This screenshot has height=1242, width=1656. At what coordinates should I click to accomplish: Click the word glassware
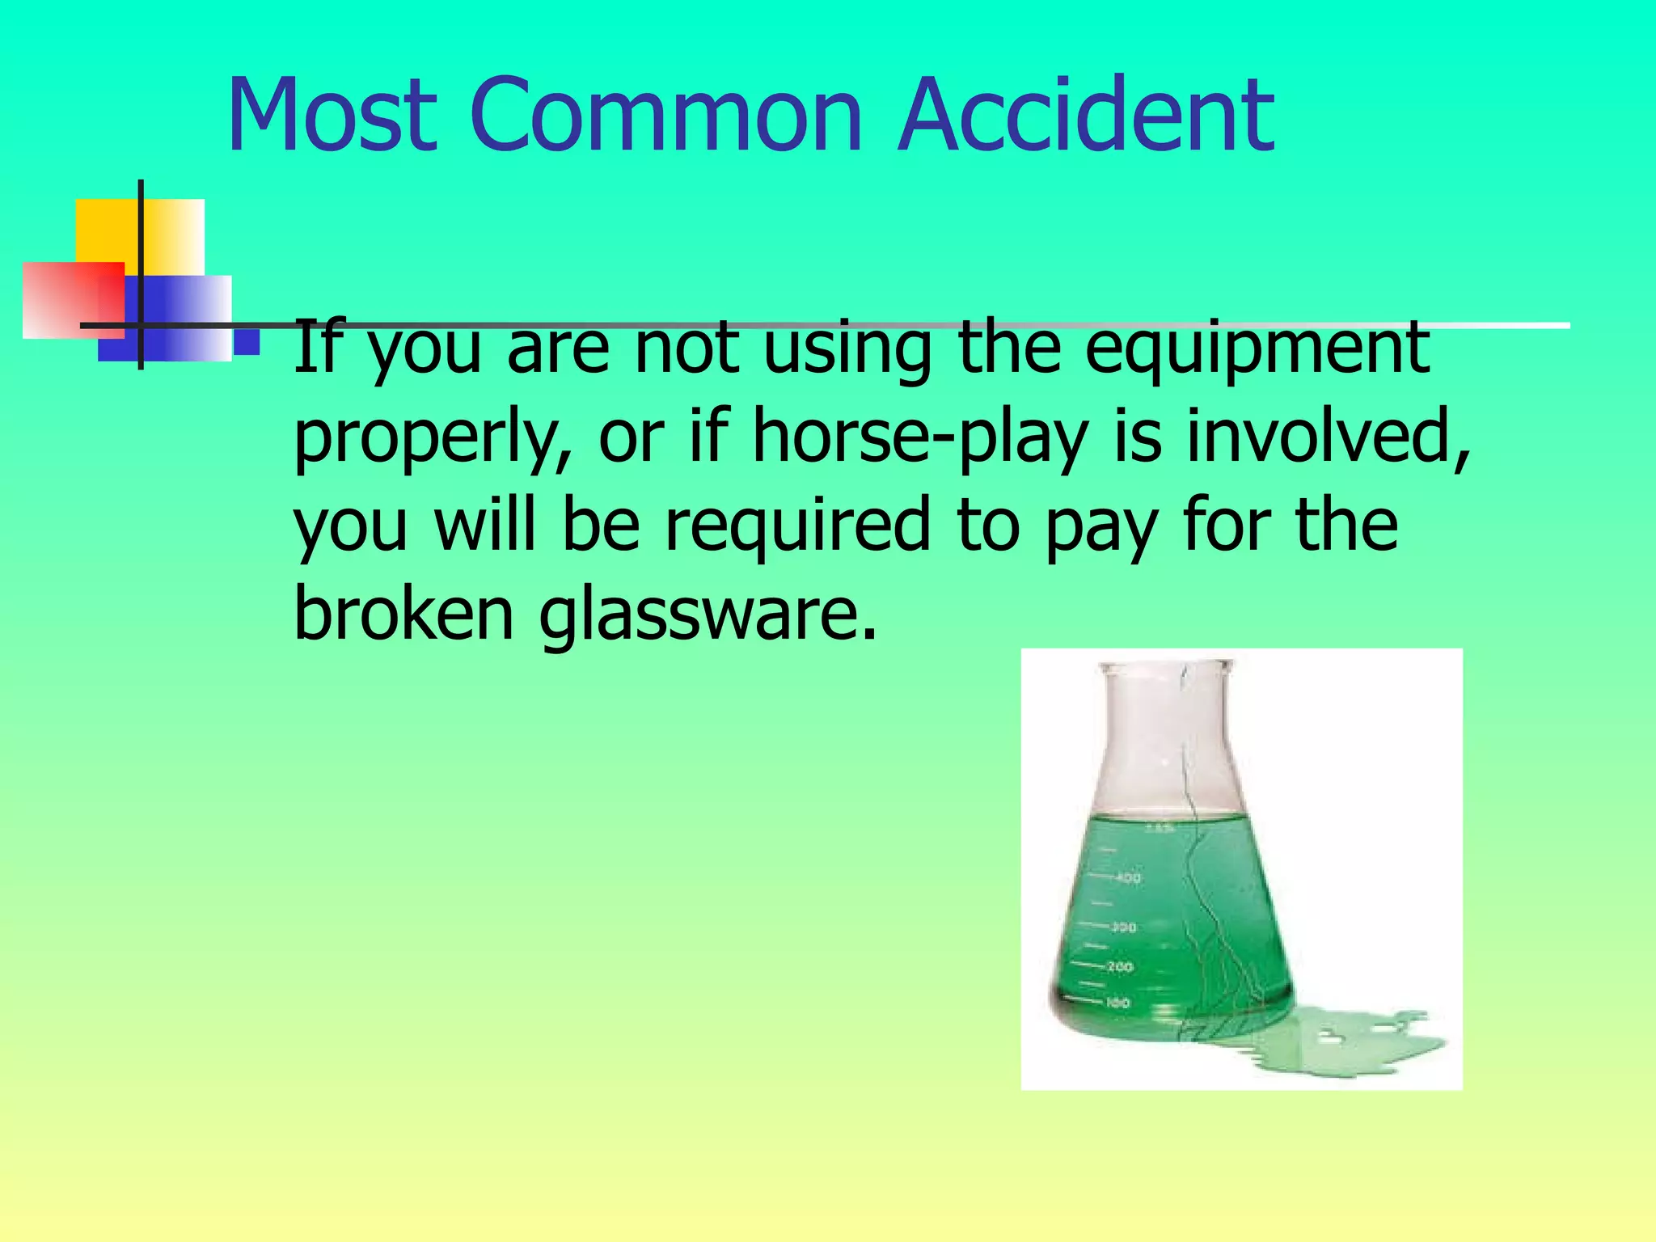[707, 616]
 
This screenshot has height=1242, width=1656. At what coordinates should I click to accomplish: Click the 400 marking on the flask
[1129, 877]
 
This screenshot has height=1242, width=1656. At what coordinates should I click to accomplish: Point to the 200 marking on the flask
[1121, 966]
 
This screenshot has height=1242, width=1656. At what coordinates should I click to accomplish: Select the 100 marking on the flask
[1117, 1003]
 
